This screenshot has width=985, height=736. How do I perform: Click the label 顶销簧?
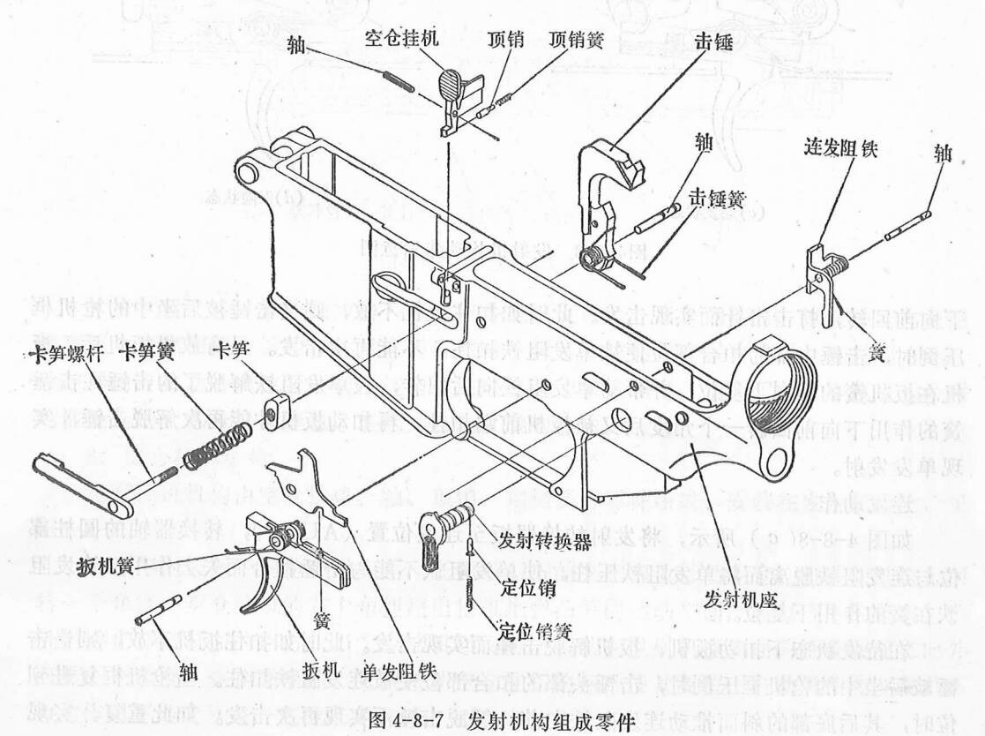click(x=578, y=41)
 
